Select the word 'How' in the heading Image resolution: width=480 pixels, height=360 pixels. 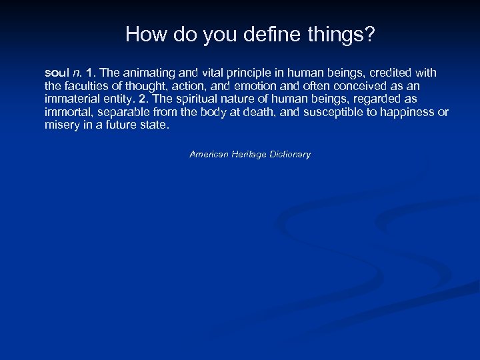pyautogui.click(x=141, y=35)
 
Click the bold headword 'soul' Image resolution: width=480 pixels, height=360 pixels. pyautogui.click(x=56, y=72)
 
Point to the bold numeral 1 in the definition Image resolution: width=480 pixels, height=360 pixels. pyautogui.click(x=89, y=72)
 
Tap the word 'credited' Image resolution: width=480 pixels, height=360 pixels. pyautogui.click(x=391, y=72)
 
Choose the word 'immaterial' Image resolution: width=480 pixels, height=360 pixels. pyautogui.click(x=69, y=99)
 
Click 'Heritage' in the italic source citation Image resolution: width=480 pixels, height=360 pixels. pyautogui.click(x=247, y=154)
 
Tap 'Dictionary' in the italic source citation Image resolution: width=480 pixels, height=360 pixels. pyautogui.click(x=290, y=154)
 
